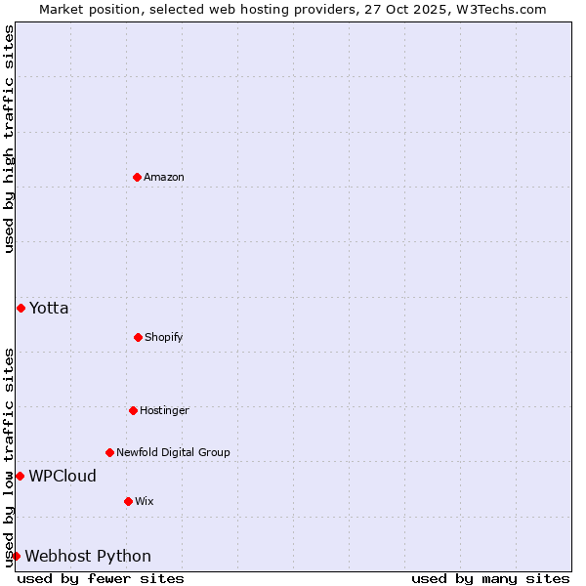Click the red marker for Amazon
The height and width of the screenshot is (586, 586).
137,177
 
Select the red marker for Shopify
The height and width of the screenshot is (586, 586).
138,337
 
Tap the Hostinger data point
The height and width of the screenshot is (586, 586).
133,410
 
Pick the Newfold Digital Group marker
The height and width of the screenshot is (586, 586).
109,452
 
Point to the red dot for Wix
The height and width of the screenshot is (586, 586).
128,501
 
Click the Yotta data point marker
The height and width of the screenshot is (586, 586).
21,308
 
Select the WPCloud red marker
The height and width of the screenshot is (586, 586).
20,476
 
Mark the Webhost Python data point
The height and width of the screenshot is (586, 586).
16,556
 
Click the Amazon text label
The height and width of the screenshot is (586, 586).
164,177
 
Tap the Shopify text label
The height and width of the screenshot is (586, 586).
164,337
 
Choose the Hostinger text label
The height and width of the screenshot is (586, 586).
164,410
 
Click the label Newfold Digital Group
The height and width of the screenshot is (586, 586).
173,452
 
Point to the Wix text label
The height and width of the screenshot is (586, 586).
145,501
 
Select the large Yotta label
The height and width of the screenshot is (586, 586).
49,308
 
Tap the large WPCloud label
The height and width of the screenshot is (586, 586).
63,476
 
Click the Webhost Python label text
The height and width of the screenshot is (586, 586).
88,556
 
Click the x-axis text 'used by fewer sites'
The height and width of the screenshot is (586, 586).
101,578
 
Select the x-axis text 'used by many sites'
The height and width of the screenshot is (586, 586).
490,578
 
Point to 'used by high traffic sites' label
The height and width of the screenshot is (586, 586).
9,139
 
